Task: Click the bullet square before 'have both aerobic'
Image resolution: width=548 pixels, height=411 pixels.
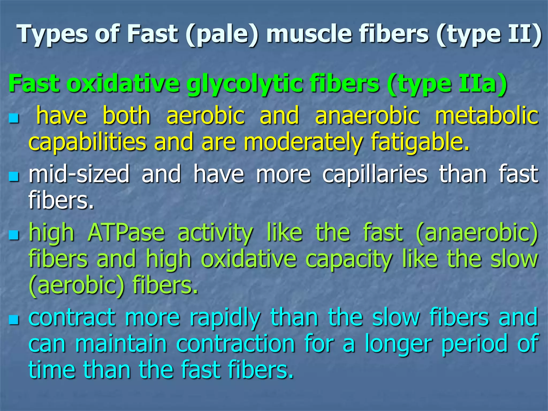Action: pos(14,118)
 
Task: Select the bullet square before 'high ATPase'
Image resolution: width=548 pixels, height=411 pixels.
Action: pos(14,235)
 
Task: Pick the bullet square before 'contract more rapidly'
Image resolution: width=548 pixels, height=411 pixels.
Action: pos(14,319)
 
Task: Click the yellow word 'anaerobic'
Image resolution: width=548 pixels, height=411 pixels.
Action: pos(367,116)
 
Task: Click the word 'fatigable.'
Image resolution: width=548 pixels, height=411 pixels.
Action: pos(420,142)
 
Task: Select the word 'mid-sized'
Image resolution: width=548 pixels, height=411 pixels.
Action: pos(79,174)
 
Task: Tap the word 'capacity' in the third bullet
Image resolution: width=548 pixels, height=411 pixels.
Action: pos(349,259)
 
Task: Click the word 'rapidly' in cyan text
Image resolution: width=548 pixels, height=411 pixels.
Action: pos(225,318)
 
